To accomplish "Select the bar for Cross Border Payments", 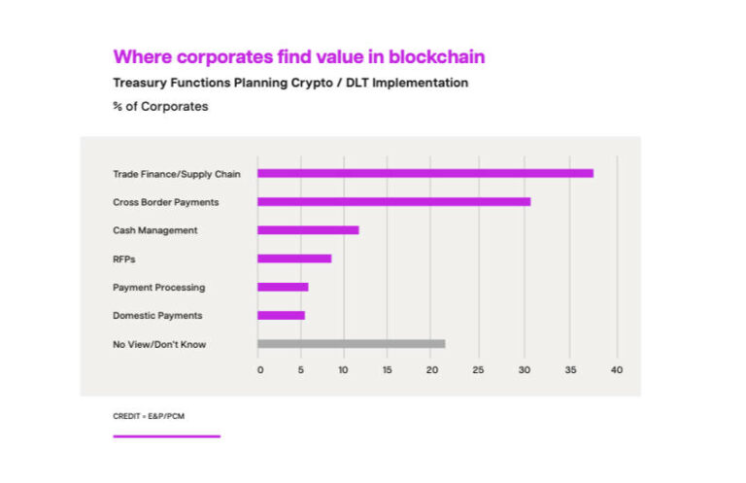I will pyautogui.click(x=393, y=201).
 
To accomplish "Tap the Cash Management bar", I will pyautogui.click(x=308, y=230).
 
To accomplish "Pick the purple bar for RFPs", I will pyautogui.click(x=294, y=259).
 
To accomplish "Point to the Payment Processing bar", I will pyautogui.click(x=283, y=287).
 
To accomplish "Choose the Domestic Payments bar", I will pyautogui.click(x=281, y=315).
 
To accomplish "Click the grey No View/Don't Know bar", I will pyautogui.click(x=351, y=343).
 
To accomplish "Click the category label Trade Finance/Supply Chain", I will pyautogui.click(x=177, y=174).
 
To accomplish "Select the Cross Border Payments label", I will pyautogui.click(x=165, y=202).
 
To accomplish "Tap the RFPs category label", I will pyautogui.click(x=124, y=259).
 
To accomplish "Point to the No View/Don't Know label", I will pyautogui.click(x=159, y=344).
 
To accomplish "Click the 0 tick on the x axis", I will pyautogui.click(x=259, y=370).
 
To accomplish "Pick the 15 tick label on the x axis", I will pyautogui.click(x=388, y=370).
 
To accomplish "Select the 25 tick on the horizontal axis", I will pyautogui.click(x=477, y=370).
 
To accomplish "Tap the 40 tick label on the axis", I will pyautogui.click(x=616, y=370).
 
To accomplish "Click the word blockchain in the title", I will pyautogui.click(x=435, y=56).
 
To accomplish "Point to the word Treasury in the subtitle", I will pyautogui.click(x=141, y=83).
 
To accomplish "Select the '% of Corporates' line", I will pyautogui.click(x=160, y=106).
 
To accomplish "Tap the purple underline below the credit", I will pyautogui.click(x=166, y=436).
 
